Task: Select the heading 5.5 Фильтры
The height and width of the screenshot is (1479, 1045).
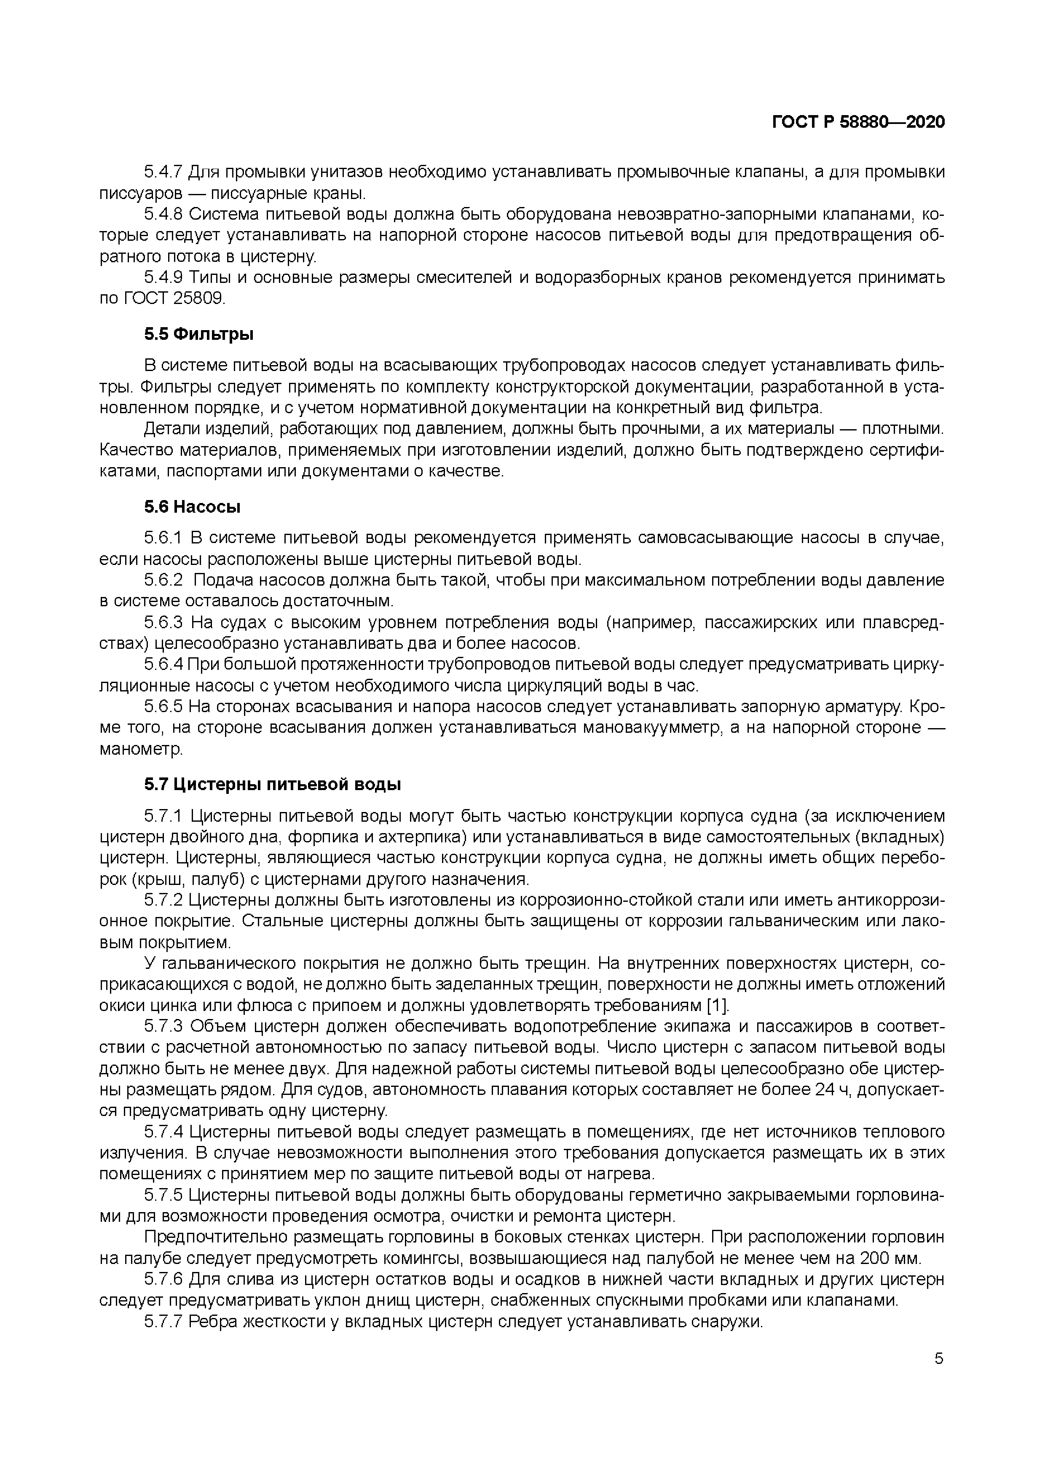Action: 198,334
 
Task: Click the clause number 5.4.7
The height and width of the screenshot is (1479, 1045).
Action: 163,172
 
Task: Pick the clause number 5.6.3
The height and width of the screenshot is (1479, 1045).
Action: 163,623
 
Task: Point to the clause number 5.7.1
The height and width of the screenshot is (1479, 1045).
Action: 163,816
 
